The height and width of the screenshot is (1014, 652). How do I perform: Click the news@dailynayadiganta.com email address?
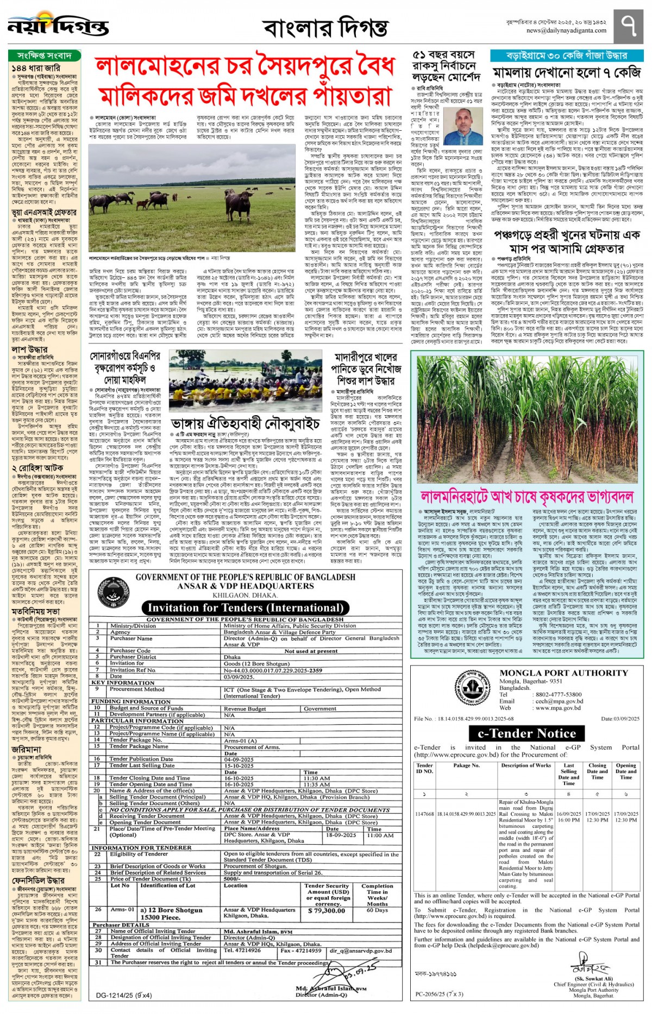tap(566, 30)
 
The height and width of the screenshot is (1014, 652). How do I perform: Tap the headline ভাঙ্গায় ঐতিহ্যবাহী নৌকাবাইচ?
tap(246, 423)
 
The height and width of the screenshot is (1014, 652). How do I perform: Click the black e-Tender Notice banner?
tap(526, 733)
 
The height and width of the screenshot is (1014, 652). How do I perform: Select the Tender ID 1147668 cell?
tap(424, 814)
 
